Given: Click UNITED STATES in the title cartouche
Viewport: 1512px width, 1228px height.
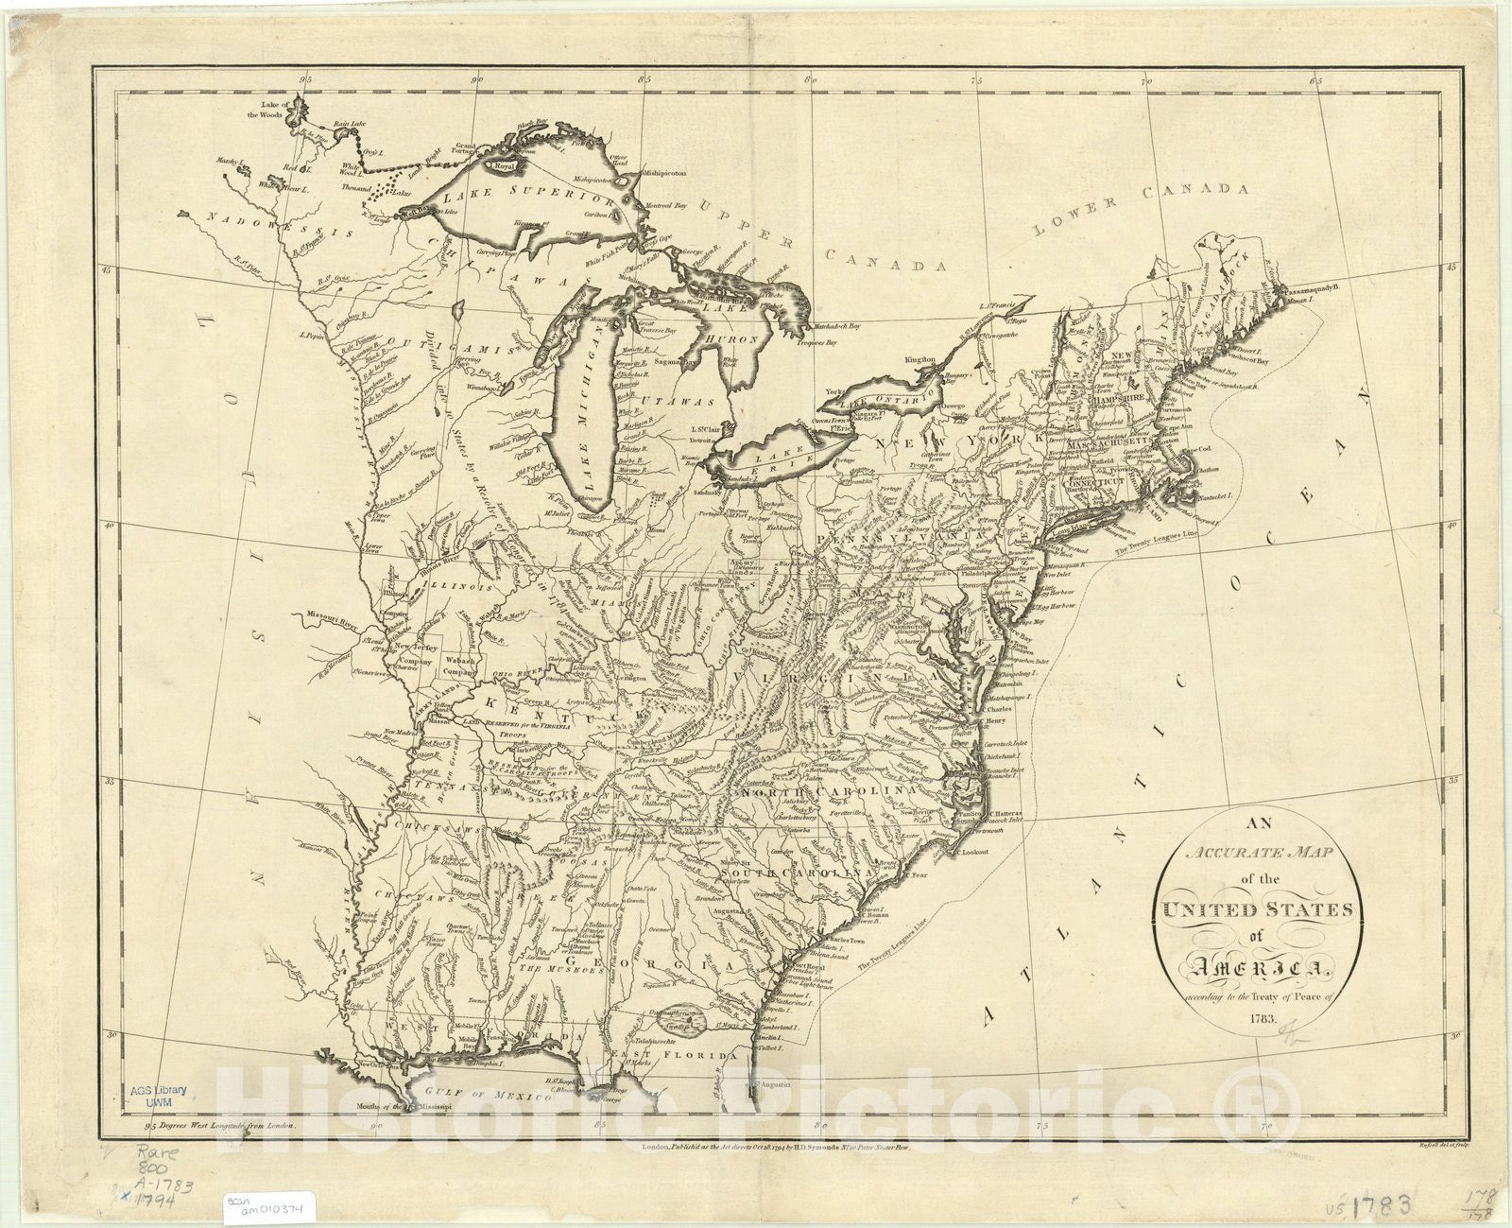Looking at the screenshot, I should click(1253, 909).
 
